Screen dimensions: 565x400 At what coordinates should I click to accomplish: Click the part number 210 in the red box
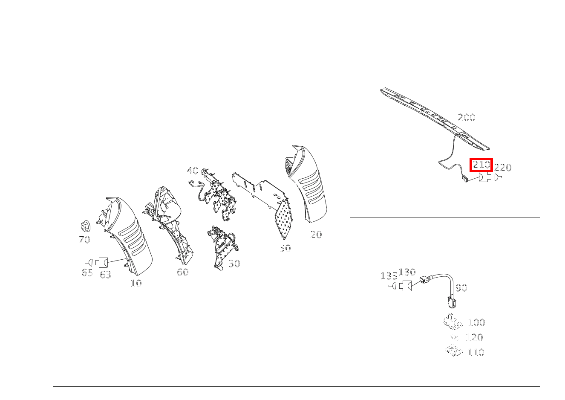pyautogui.click(x=481, y=165)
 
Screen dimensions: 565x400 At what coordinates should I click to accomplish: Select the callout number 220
pyautogui.click(x=503, y=168)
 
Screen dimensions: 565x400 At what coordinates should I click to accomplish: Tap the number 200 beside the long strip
pyautogui.click(x=467, y=117)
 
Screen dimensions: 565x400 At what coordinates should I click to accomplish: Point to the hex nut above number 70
pyautogui.click(x=86, y=226)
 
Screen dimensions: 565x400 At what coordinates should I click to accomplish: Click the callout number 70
pyautogui.click(x=84, y=240)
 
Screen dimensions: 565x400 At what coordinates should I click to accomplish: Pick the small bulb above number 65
pyautogui.click(x=89, y=262)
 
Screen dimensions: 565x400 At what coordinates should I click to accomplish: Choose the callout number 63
pyautogui.click(x=105, y=275)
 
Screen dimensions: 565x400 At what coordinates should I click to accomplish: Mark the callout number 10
pyautogui.click(x=136, y=283)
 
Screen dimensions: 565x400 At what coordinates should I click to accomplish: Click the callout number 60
pyautogui.click(x=183, y=272)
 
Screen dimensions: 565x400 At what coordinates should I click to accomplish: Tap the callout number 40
pyautogui.click(x=193, y=171)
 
